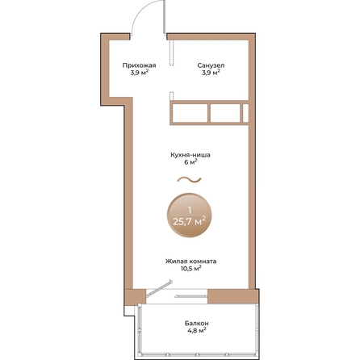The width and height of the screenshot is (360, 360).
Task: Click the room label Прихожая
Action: click(x=139, y=65)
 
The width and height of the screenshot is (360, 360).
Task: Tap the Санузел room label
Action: click(x=211, y=65)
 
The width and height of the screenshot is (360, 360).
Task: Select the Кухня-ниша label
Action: click(x=190, y=155)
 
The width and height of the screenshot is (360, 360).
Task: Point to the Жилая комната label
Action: click(x=190, y=262)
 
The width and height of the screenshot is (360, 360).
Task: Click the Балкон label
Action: click(x=197, y=323)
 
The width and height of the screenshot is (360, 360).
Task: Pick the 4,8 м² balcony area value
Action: click(x=197, y=331)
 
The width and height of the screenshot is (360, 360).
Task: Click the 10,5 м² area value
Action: click(x=190, y=269)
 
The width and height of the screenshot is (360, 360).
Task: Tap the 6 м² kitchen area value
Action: click(x=190, y=162)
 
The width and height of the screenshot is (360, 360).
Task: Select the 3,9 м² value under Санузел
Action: click(x=211, y=73)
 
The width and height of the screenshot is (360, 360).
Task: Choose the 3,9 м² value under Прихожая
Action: click(x=139, y=73)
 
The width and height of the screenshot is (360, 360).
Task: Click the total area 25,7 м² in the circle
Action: click(x=190, y=222)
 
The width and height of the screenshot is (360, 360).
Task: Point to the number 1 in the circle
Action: click(x=190, y=210)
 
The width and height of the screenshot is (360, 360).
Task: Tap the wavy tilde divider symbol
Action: click(x=189, y=179)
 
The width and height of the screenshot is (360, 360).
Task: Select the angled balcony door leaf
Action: click(x=159, y=289)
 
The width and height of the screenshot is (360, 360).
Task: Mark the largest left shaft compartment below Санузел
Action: click(x=190, y=113)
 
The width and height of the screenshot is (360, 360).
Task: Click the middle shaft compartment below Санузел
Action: click(x=225, y=113)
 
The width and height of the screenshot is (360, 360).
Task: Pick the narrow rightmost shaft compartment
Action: click(x=245, y=113)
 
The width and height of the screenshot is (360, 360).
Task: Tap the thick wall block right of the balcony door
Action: click(x=233, y=296)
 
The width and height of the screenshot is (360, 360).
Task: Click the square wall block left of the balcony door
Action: click(x=135, y=297)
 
